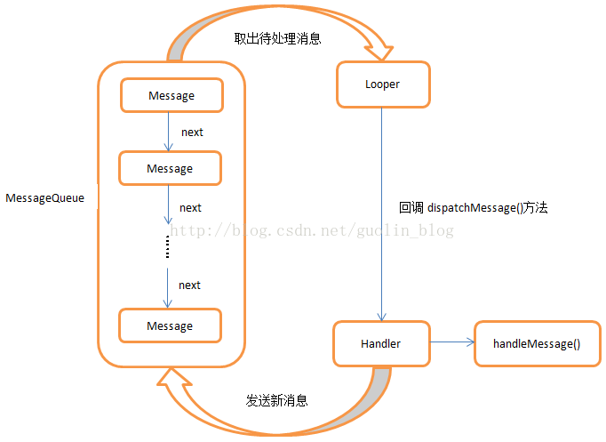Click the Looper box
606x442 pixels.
click(x=382, y=84)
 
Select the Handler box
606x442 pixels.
click(x=380, y=343)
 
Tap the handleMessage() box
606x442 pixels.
click(x=536, y=343)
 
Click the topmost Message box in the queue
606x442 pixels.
click(x=171, y=95)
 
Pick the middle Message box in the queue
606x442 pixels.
click(x=170, y=167)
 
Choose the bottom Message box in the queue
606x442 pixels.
click(x=170, y=325)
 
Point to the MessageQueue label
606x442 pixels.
click(x=44, y=198)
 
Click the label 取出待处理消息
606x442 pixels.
click(x=277, y=38)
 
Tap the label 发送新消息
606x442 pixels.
click(x=277, y=401)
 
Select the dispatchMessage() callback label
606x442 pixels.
click(x=474, y=207)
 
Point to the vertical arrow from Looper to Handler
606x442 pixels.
click(x=381, y=213)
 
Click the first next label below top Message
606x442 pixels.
click(x=192, y=132)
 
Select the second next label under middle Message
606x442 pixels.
click(x=190, y=207)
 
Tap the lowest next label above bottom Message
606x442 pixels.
click(x=189, y=285)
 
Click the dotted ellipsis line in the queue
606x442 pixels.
click(x=167, y=247)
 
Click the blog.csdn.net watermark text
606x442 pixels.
click(x=311, y=230)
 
